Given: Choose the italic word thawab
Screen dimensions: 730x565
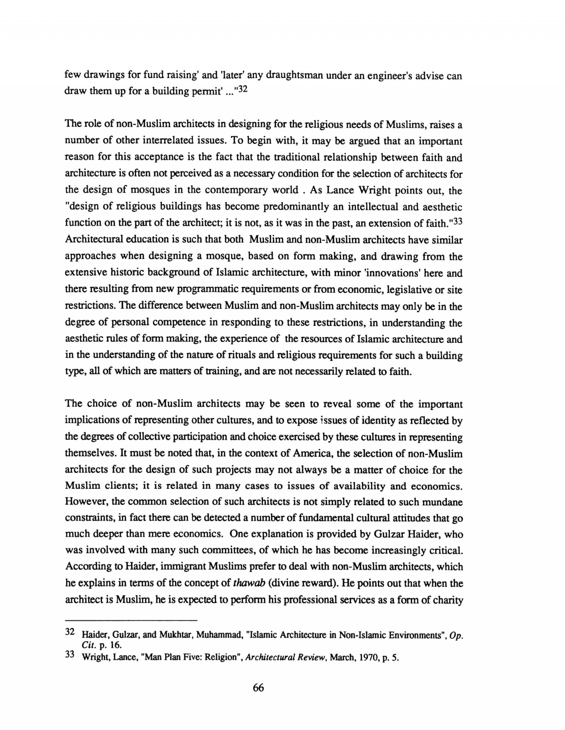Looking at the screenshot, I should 249,583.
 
